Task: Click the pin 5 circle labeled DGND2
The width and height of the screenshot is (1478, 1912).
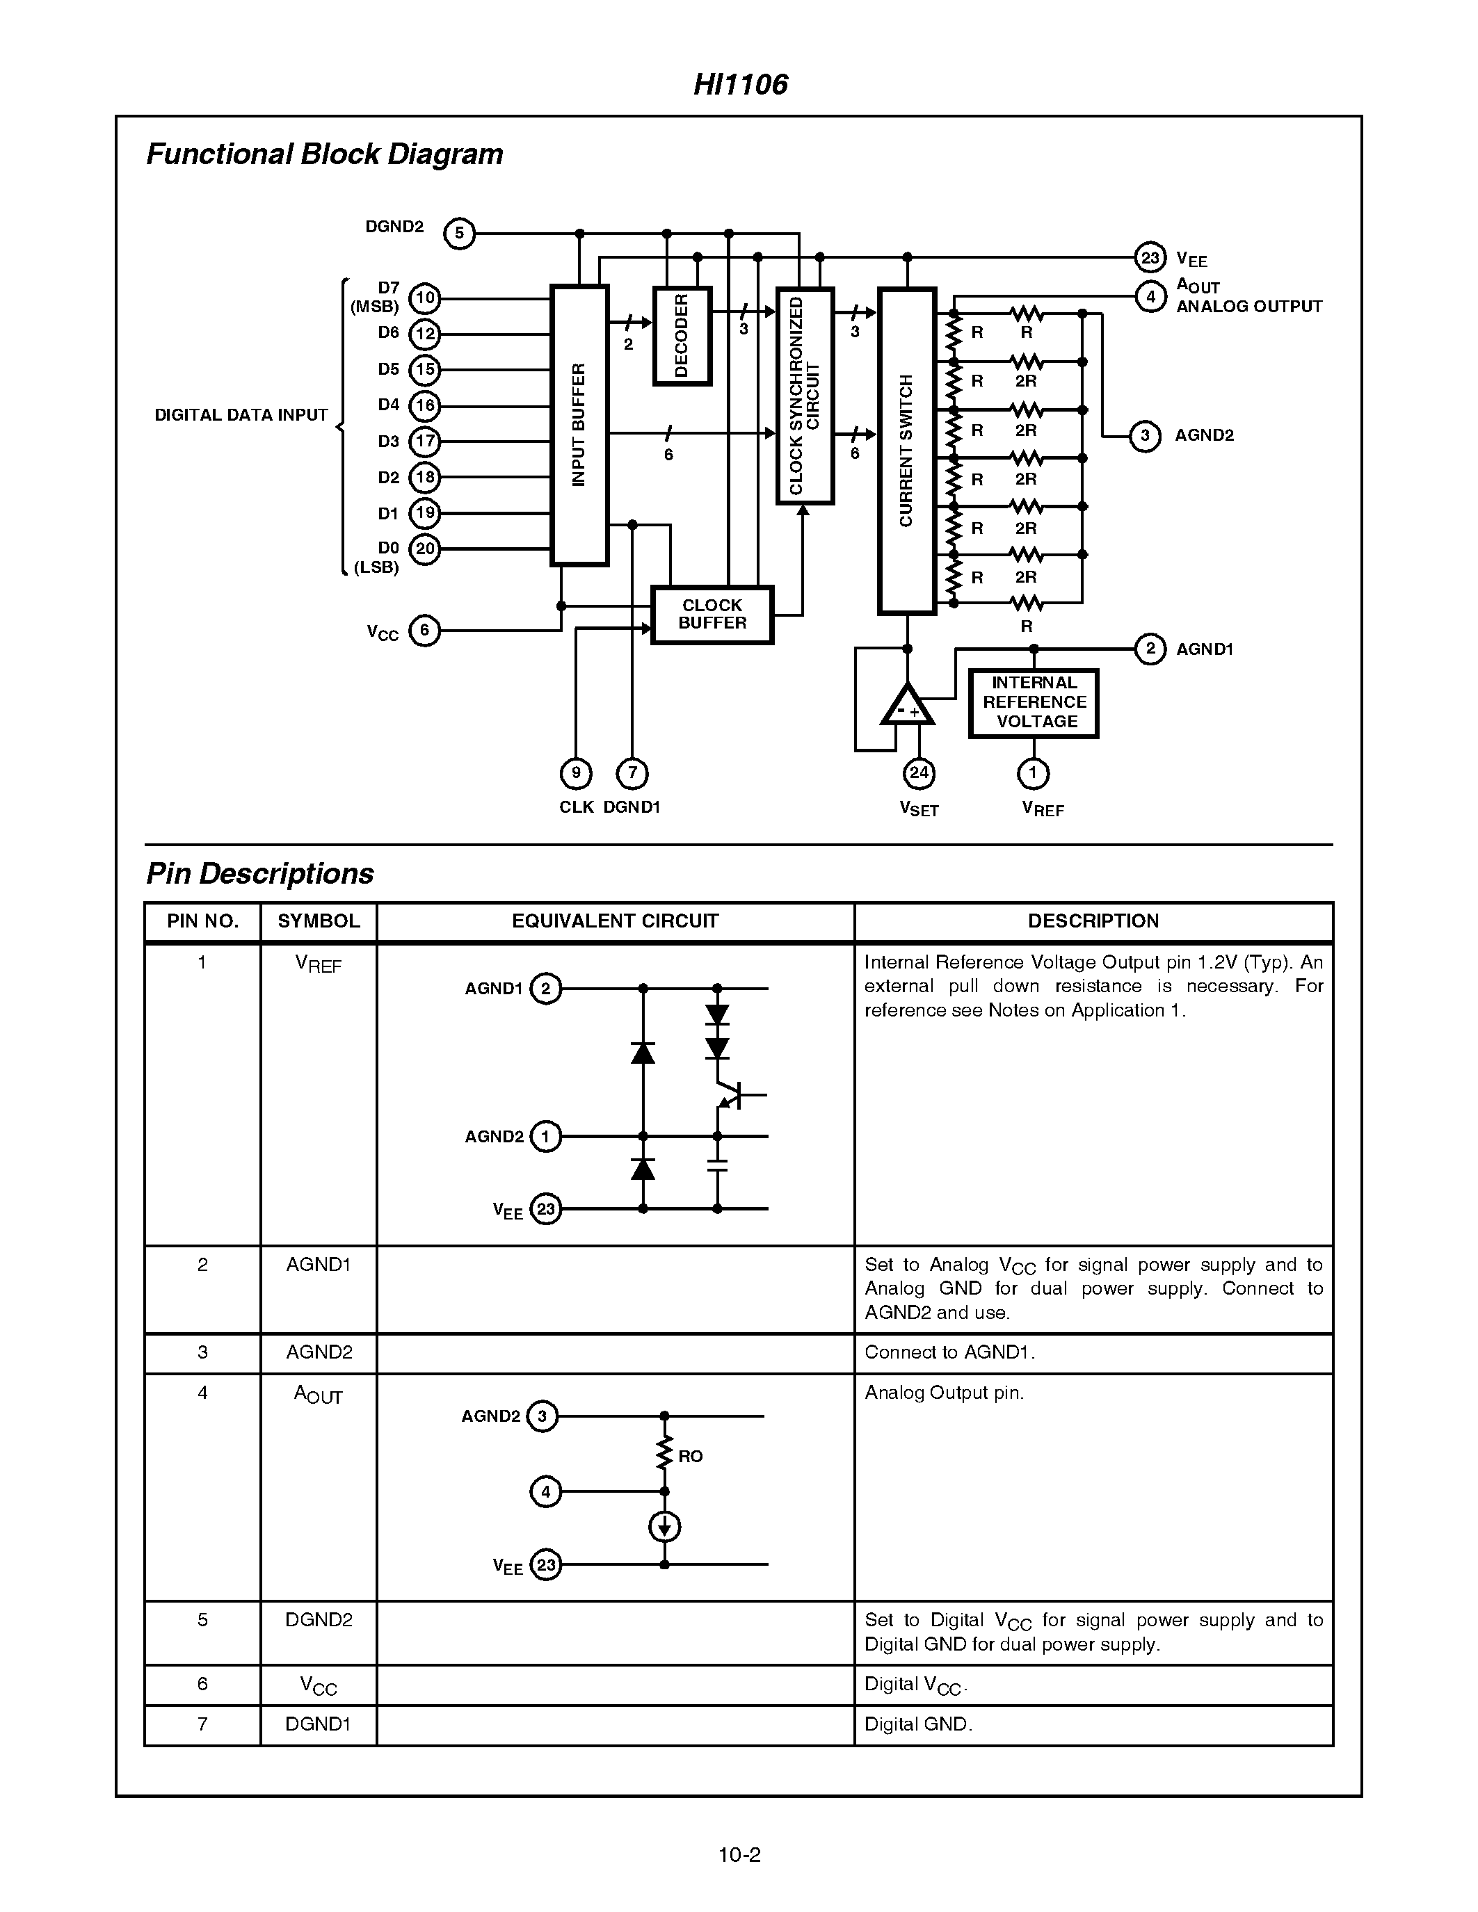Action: coord(459,234)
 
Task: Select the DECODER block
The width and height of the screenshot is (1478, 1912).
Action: coord(682,337)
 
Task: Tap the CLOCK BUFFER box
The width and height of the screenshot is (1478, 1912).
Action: coord(712,615)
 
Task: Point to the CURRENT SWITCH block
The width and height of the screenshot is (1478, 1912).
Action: coord(906,451)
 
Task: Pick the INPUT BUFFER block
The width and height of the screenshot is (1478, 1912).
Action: coord(579,426)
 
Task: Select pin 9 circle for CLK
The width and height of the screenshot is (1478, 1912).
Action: coord(575,773)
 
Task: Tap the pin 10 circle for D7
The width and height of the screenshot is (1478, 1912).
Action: coord(425,298)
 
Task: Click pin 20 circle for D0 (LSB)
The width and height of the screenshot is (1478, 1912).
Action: coord(425,549)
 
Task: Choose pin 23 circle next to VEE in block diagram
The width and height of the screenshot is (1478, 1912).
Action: coord(1150,257)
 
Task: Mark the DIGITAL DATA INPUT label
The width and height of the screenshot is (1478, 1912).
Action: coord(241,415)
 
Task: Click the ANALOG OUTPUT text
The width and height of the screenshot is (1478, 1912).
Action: coord(1248,307)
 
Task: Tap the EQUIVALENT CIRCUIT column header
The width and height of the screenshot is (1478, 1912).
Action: coord(615,921)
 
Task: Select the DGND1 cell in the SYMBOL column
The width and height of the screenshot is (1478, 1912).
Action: coord(318,1724)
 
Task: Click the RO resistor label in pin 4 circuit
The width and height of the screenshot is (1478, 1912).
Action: coord(690,1456)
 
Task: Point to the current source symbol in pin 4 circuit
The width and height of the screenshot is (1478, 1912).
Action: coord(664,1527)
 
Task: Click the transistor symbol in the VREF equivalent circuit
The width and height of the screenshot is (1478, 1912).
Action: coord(730,1095)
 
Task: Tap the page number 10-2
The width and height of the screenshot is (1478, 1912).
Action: coord(739,1854)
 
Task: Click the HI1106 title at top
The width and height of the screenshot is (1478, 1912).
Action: coord(740,84)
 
